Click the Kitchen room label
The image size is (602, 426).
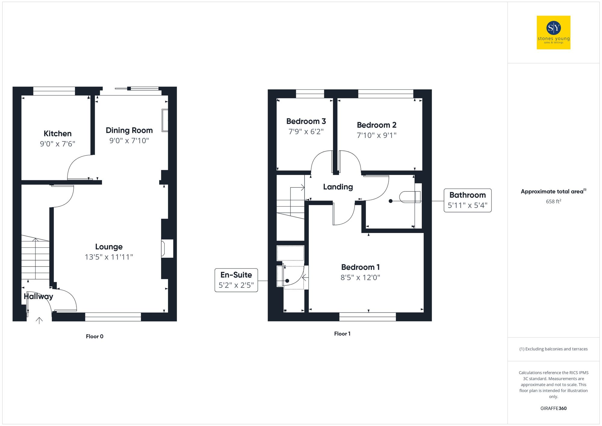click(57, 133)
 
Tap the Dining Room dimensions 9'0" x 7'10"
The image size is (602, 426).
click(129, 141)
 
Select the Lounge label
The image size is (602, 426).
click(109, 247)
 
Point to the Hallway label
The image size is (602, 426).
click(38, 296)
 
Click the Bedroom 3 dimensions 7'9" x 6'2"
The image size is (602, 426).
click(306, 132)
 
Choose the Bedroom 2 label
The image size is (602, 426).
click(377, 125)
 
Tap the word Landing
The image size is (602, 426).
click(338, 187)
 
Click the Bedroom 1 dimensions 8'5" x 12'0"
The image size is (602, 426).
click(360, 278)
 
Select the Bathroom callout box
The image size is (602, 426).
click(467, 200)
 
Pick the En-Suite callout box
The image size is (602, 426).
click(236, 280)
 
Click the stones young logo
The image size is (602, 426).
click(553, 33)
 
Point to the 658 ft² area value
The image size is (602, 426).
click(553, 201)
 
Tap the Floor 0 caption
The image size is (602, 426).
click(95, 336)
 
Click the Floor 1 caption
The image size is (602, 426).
click(342, 334)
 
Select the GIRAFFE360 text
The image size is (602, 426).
click(553, 408)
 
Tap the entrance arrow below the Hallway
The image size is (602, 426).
click(39, 320)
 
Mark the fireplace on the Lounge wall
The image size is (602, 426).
click(167, 248)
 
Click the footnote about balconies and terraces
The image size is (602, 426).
click(553, 349)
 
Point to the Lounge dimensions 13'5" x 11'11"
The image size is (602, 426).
click(109, 257)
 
